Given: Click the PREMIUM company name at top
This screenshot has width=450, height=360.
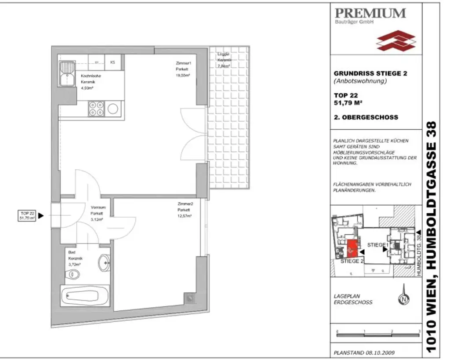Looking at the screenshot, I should coord(370,13).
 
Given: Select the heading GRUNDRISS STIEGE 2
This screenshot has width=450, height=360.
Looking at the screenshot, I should coord(370,73).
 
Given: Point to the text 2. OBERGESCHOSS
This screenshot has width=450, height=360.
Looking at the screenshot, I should coord(366,117).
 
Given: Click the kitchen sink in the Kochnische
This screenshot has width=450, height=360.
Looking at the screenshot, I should coord(68,74).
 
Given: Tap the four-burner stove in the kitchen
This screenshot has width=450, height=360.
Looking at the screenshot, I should coord(96,108).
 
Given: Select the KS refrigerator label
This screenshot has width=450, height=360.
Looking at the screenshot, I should coord(112,62).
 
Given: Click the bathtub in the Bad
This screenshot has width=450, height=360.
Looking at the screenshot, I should coord(84,298).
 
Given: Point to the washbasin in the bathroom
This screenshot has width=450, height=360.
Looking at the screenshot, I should coord(104,263).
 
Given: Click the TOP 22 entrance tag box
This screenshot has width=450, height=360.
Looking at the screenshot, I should coord(27,215).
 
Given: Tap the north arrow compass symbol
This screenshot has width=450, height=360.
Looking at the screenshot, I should coord(403,300).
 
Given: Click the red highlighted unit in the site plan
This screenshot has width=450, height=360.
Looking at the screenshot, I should coord(352,249).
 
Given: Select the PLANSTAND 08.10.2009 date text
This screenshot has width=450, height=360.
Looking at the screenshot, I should coord(361,352).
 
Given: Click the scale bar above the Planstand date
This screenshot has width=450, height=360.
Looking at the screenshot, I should coord(378,332).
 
